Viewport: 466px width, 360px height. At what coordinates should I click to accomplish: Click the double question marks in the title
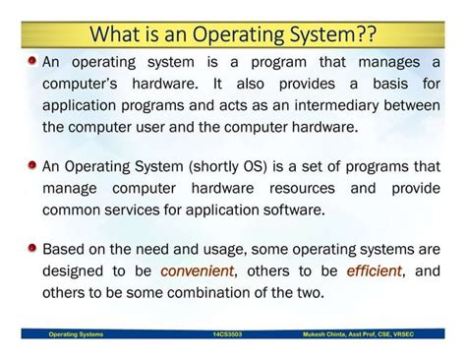coord(365,34)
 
